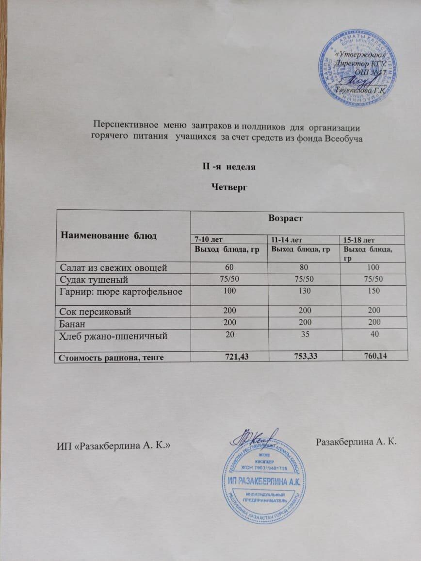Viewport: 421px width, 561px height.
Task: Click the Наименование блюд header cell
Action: (109, 235)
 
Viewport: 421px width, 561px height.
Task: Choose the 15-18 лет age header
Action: (359, 240)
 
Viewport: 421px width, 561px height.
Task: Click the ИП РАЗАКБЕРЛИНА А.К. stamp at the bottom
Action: (264, 480)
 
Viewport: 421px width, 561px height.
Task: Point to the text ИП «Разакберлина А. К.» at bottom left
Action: (113, 445)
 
